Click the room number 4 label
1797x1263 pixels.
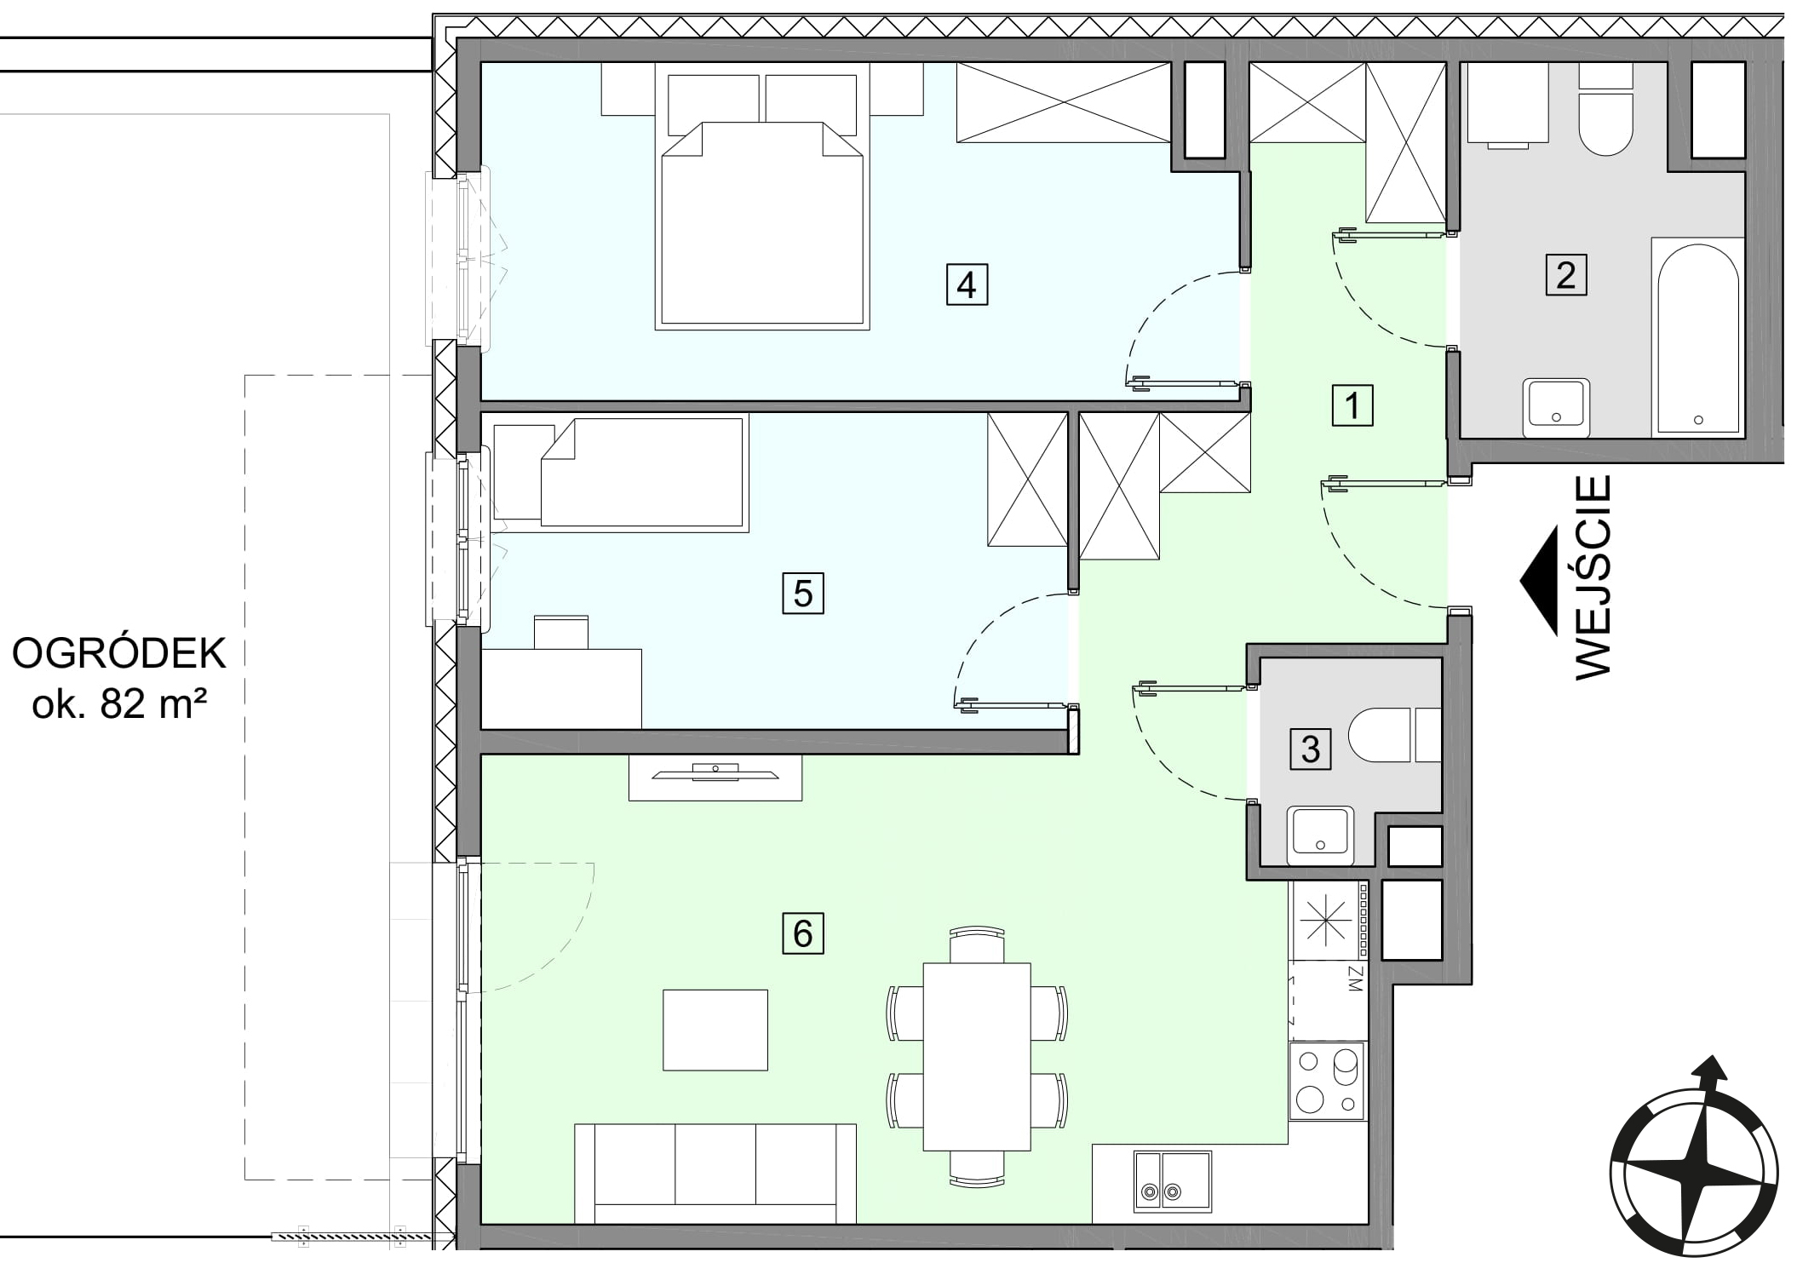(967, 284)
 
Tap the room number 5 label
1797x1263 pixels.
(803, 593)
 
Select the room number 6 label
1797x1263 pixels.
(803, 933)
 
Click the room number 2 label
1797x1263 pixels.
(1566, 275)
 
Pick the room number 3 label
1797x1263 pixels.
(1311, 749)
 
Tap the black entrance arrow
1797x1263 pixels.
(1539, 580)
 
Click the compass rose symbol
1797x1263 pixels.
(1694, 1164)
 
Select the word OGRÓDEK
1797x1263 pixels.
(119, 654)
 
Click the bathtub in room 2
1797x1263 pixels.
(1697, 337)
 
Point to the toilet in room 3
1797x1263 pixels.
(1395, 734)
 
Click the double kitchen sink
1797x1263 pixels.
(1173, 1181)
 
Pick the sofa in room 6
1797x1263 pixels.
(715, 1175)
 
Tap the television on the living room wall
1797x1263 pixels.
(715, 772)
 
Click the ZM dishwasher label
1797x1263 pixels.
(1357, 979)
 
